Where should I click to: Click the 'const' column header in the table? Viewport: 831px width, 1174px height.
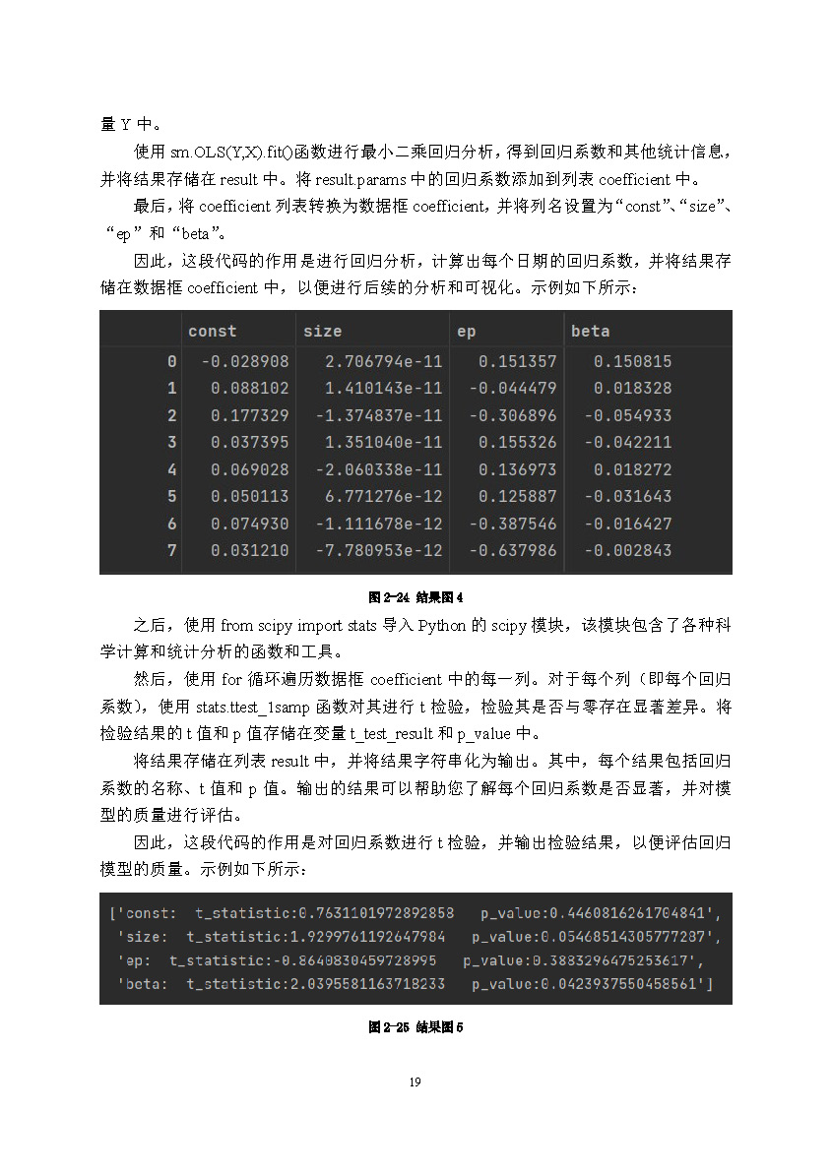(212, 332)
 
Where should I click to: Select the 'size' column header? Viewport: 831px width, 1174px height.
(322, 332)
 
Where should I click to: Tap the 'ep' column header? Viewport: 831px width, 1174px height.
(466, 332)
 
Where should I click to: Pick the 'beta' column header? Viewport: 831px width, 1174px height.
(590, 332)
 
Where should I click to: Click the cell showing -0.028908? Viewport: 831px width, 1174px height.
(245, 361)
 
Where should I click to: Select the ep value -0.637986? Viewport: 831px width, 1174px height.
(512, 550)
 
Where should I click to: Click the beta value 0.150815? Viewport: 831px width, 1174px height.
(632, 361)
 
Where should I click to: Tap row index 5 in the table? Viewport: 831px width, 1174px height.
(172, 496)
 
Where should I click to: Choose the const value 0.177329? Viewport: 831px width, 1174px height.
(250, 415)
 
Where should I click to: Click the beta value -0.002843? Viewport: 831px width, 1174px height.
(627, 550)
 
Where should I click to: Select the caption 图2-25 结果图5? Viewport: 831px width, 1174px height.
(415, 1027)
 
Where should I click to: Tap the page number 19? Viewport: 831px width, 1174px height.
(415, 1082)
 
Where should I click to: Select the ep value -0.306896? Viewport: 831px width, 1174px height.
(512, 415)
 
